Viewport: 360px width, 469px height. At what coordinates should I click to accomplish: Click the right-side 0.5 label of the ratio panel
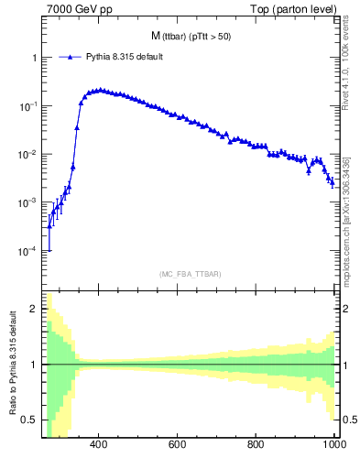click(348, 420)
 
